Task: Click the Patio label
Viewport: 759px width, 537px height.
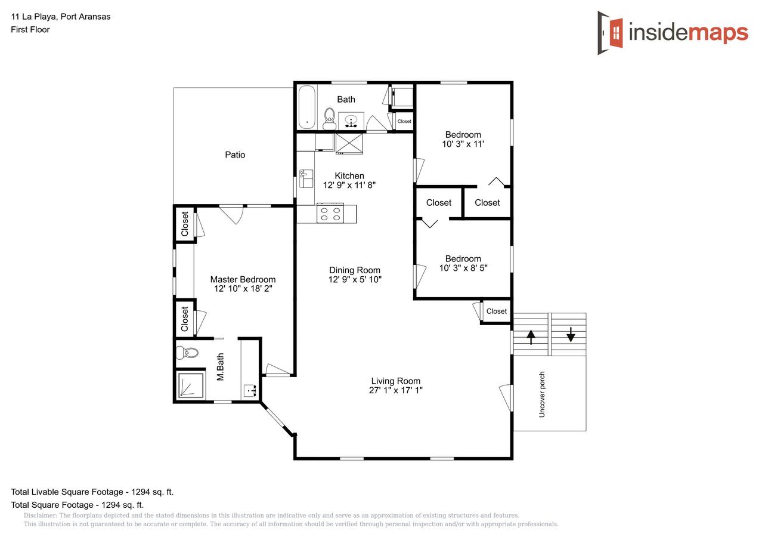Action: pos(235,155)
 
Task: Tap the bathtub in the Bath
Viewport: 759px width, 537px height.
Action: pos(306,107)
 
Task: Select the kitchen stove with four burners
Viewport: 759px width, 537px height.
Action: pos(330,213)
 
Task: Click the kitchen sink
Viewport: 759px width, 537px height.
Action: pos(306,178)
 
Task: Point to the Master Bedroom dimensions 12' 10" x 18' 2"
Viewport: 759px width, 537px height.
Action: pos(243,289)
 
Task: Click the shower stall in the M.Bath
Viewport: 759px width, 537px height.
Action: pos(191,385)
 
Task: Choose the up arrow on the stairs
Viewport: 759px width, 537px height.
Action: pos(531,337)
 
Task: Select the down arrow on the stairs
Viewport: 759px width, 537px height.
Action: pos(571,334)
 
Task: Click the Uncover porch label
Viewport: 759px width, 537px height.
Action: pos(542,394)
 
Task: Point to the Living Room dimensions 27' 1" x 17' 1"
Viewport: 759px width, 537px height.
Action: pos(396,390)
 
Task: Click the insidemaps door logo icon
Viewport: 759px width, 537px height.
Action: pos(610,33)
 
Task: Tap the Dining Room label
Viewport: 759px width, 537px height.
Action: pos(355,270)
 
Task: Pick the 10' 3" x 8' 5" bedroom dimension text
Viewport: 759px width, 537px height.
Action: pos(463,268)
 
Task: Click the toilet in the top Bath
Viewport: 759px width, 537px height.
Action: pos(329,119)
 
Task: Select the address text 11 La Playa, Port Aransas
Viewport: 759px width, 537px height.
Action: pos(61,17)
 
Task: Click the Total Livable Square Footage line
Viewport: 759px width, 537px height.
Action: pos(92,492)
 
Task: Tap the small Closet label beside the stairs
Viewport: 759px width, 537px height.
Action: pos(497,311)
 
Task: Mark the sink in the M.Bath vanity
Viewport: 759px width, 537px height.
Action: pos(250,391)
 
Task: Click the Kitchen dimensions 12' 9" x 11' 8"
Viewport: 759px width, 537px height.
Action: pos(349,185)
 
